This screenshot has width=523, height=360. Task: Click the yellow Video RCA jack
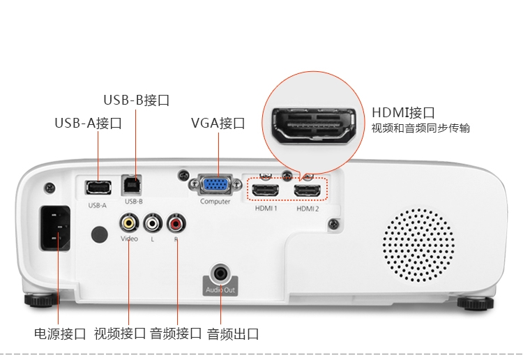(128, 223)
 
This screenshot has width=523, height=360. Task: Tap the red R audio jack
(175, 223)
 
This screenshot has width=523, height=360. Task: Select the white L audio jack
(152, 223)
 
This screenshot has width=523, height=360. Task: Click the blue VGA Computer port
(215, 185)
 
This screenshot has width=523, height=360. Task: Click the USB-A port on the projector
(98, 188)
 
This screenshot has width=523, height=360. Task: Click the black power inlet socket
(57, 229)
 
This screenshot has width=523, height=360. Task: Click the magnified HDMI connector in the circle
(311, 127)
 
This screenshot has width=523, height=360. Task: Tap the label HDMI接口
(404, 113)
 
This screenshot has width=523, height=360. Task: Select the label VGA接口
(218, 123)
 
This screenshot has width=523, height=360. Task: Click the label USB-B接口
(137, 100)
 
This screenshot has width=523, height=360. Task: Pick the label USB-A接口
(89, 123)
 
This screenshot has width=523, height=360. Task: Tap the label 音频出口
(233, 333)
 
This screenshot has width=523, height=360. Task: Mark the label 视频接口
(120, 333)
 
